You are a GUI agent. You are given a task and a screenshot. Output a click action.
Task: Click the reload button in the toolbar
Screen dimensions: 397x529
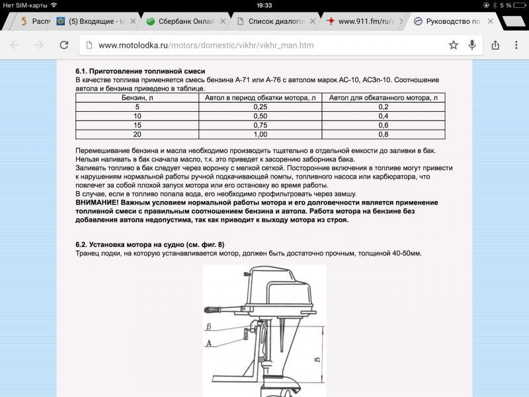(x=64, y=45)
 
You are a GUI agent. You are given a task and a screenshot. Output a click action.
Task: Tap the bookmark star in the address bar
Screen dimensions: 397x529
(x=453, y=45)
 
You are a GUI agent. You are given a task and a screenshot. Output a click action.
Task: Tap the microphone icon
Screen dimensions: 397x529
(x=472, y=45)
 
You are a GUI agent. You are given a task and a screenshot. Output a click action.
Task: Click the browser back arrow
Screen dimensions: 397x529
(x=15, y=45)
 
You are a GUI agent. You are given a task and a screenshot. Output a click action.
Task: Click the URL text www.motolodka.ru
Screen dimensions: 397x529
(x=132, y=46)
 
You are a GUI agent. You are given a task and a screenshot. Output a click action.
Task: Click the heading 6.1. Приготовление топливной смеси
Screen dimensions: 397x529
(x=140, y=71)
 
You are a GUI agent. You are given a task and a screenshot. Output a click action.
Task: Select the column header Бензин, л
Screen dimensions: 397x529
(x=138, y=98)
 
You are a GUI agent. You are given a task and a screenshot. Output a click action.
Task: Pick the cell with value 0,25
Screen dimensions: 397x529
(x=260, y=107)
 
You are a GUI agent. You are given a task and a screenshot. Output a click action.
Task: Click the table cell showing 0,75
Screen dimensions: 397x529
(x=260, y=125)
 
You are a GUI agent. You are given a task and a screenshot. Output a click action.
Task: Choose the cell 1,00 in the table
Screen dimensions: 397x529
(x=260, y=134)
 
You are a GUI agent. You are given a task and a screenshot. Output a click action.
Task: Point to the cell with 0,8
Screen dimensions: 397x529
(x=383, y=134)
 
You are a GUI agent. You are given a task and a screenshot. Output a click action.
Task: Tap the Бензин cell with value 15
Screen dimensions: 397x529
(x=138, y=125)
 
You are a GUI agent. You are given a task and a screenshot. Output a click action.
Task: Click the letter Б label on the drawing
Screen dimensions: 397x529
(x=209, y=327)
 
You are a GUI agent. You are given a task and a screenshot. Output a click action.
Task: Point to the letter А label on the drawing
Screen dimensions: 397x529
(x=209, y=343)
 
